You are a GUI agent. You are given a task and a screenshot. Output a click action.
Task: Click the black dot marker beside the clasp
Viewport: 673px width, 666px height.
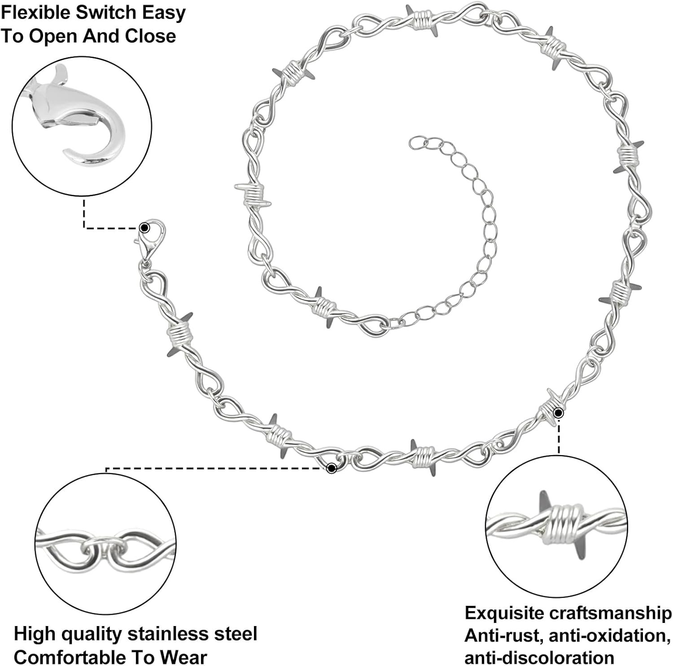[144, 228]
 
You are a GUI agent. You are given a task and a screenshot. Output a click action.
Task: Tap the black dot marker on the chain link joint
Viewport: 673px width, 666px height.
[332, 469]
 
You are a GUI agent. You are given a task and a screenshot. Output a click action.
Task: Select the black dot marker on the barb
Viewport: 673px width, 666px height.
[558, 412]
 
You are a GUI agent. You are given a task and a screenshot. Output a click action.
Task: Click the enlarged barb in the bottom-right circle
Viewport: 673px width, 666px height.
[557, 526]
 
